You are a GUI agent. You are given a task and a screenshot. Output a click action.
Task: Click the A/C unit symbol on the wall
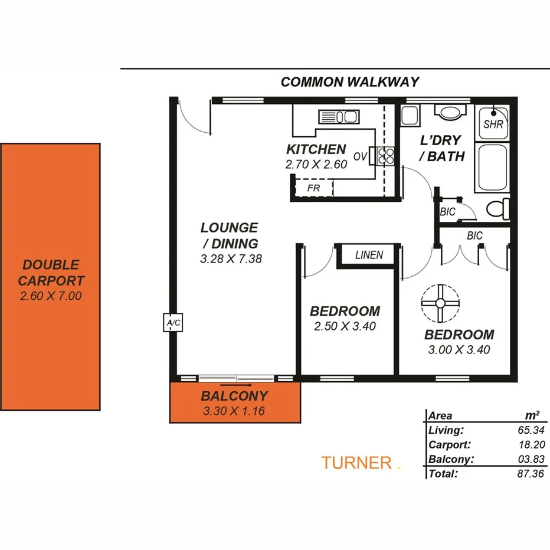point(172,323)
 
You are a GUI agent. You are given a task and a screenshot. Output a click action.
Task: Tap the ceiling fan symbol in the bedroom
point(440,303)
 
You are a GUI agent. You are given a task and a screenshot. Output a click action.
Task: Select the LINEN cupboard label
point(369,255)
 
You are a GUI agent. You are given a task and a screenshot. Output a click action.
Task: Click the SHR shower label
point(492,124)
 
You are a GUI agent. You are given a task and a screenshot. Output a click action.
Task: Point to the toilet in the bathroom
point(498,208)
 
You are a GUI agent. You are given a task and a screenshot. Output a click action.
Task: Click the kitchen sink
point(338,116)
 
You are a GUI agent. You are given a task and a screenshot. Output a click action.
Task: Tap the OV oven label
point(360,156)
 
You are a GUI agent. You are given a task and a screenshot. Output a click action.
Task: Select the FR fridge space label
point(313,189)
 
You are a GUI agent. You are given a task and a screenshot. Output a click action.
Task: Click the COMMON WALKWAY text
point(349,82)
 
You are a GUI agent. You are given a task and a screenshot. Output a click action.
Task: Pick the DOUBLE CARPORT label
point(51,273)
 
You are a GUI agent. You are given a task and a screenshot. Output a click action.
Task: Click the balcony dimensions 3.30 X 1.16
point(234,411)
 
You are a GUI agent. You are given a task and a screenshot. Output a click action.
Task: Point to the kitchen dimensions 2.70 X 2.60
point(316,165)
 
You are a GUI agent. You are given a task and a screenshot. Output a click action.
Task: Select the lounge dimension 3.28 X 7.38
point(230,258)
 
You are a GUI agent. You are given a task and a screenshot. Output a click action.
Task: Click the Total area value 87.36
point(529,473)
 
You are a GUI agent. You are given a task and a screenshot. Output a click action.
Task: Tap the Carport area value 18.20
point(529,445)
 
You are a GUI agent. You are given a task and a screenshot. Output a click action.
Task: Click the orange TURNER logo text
point(356,463)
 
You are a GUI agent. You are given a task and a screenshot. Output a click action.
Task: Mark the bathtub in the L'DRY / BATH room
point(493,168)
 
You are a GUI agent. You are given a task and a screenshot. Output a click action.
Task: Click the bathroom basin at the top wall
point(450,112)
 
